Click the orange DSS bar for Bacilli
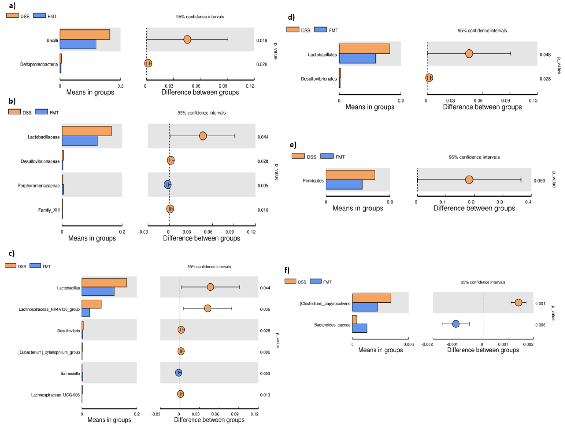tap(85, 34)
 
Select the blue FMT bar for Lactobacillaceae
tap(79, 141)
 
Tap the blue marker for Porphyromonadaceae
tap(168, 184)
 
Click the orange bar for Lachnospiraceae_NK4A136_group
tap(92, 304)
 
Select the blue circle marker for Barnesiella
tap(179, 373)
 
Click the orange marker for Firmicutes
tap(469, 180)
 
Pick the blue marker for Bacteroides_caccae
tap(456, 324)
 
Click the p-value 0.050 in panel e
tap(539, 181)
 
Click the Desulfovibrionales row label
tap(318, 79)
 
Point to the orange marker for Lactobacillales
tap(469, 54)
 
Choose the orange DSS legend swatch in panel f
tap(290, 281)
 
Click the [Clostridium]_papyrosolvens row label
tap(325, 303)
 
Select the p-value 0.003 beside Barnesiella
tap(265, 374)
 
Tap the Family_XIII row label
tap(49, 210)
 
